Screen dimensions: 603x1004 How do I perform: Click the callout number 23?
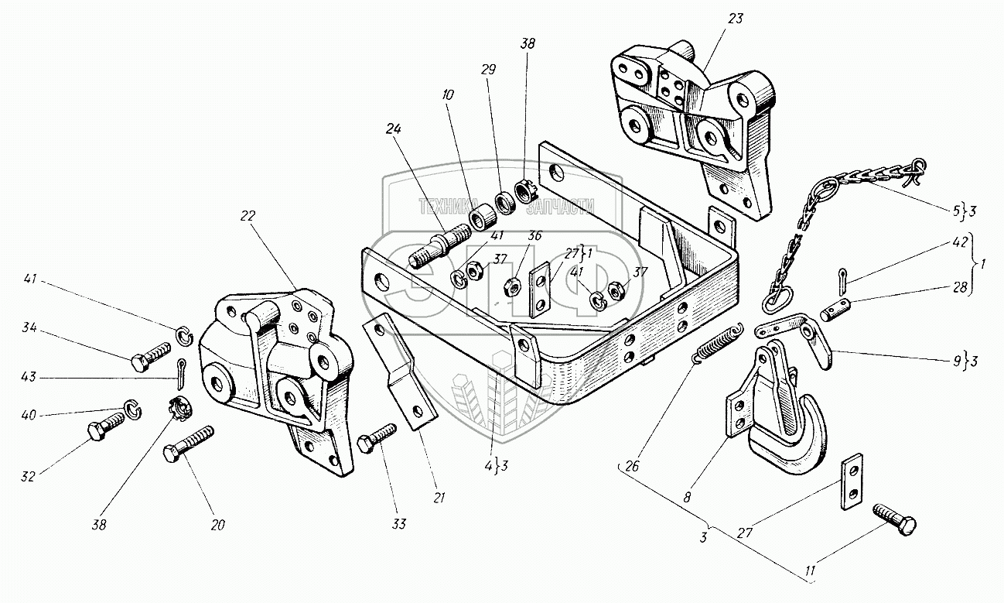[735, 18]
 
